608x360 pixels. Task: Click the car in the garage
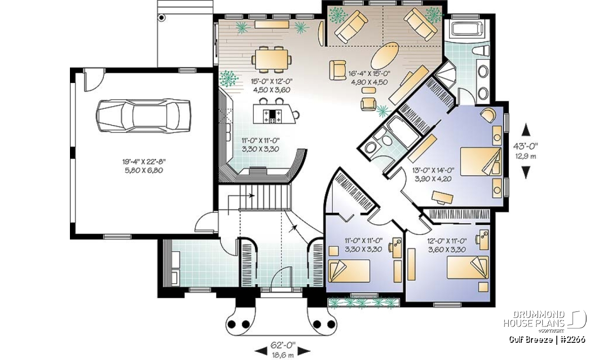[143, 115]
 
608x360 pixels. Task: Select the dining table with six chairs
[272, 60]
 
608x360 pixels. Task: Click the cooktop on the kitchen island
[273, 116]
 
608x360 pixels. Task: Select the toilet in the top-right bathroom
[481, 51]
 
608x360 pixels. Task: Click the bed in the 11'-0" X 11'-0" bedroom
[349, 271]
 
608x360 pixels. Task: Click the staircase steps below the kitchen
[264, 197]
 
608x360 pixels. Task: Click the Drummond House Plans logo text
[534, 319]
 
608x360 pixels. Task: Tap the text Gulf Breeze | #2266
[547, 340]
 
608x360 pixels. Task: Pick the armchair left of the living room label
[337, 70]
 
